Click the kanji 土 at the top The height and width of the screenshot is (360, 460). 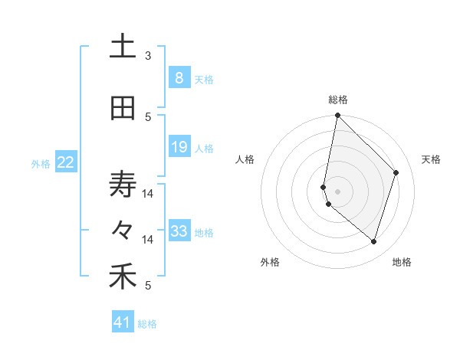tap(123, 47)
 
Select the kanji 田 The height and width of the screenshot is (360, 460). tap(123, 109)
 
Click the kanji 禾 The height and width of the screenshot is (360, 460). tap(123, 277)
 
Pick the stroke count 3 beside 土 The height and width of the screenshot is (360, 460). tap(148, 56)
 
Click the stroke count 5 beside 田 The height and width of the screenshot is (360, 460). tap(148, 117)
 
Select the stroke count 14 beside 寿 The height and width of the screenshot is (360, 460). tap(148, 194)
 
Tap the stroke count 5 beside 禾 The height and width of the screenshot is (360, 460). tap(148, 286)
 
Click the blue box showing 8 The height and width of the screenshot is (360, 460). tap(179, 78)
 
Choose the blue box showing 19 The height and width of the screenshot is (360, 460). tap(179, 147)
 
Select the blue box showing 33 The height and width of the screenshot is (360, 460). tap(179, 231)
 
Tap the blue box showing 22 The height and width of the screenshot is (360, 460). tap(65, 162)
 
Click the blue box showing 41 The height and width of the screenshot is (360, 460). tap(123, 322)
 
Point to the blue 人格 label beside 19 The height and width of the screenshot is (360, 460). tap(204, 148)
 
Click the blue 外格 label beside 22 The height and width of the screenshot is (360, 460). tap(41, 163)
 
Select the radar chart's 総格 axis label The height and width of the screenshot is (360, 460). tap(338, 100)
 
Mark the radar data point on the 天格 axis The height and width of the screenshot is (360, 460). tap(396, 172)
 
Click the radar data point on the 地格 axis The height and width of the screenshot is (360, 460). tap(373, 242)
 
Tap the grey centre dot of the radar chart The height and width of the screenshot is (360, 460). tap(338, 191)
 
